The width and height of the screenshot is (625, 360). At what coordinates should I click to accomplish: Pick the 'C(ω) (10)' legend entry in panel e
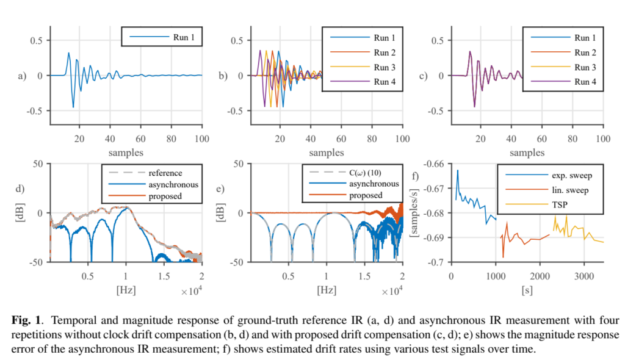coord(367,173)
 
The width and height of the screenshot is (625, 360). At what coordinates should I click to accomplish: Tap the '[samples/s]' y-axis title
coord(417,212)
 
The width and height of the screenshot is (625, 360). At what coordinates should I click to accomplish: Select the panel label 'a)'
coord(23,76)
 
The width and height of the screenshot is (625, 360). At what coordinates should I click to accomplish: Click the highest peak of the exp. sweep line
coord(457,170)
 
